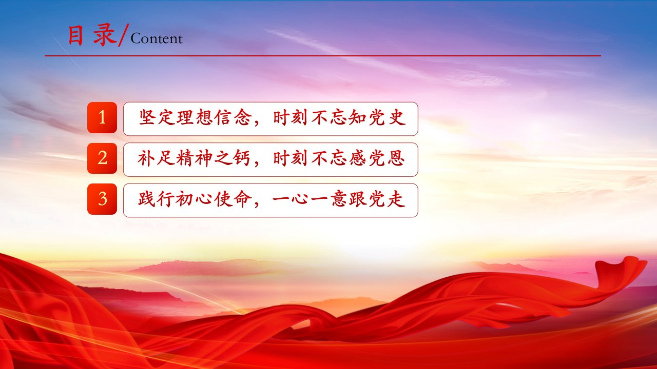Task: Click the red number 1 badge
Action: click(x=102, y=117)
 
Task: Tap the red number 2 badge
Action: click(x=102, y=158)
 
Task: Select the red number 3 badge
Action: click(x=102, y=199)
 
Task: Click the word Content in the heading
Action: click(x=157, y=38)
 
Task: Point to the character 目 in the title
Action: click(x=75, y=35)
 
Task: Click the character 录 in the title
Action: click(x=105, y=35)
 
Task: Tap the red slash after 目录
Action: click(x=123, y=35)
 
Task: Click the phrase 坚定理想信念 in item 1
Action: click(x=195, y=118)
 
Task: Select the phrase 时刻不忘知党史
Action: click(x=339, y=118)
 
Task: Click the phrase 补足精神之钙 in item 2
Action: click(x=194, y=158)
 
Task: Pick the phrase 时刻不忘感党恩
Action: click(x=339, y=158)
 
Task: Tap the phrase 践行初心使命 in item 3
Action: click(x=195, y=199)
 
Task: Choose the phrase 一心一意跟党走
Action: click(x=339, y=199)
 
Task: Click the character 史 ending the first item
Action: click(x=397, y=118)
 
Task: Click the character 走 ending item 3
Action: click(x=397, y=199)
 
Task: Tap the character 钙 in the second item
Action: click(x=242, y=158)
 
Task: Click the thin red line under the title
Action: click(x=323, y=56)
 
